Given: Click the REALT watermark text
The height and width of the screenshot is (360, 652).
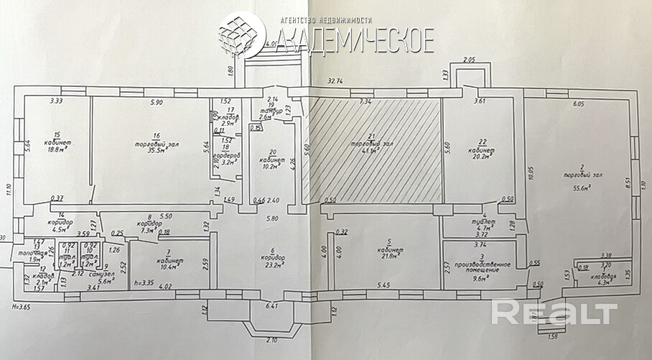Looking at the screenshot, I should (x=554, y=313).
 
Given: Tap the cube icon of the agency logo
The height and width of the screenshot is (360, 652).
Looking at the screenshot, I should (x=241, y=36).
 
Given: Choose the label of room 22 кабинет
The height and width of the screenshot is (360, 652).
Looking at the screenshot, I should (x=478, y=146).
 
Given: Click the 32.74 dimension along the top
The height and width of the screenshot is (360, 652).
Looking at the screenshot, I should (x=337, y=82).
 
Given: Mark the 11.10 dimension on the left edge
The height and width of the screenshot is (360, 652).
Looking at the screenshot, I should (x=8, y=189).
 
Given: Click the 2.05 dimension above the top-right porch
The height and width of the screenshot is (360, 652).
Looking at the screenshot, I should (x=470, y=60).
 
